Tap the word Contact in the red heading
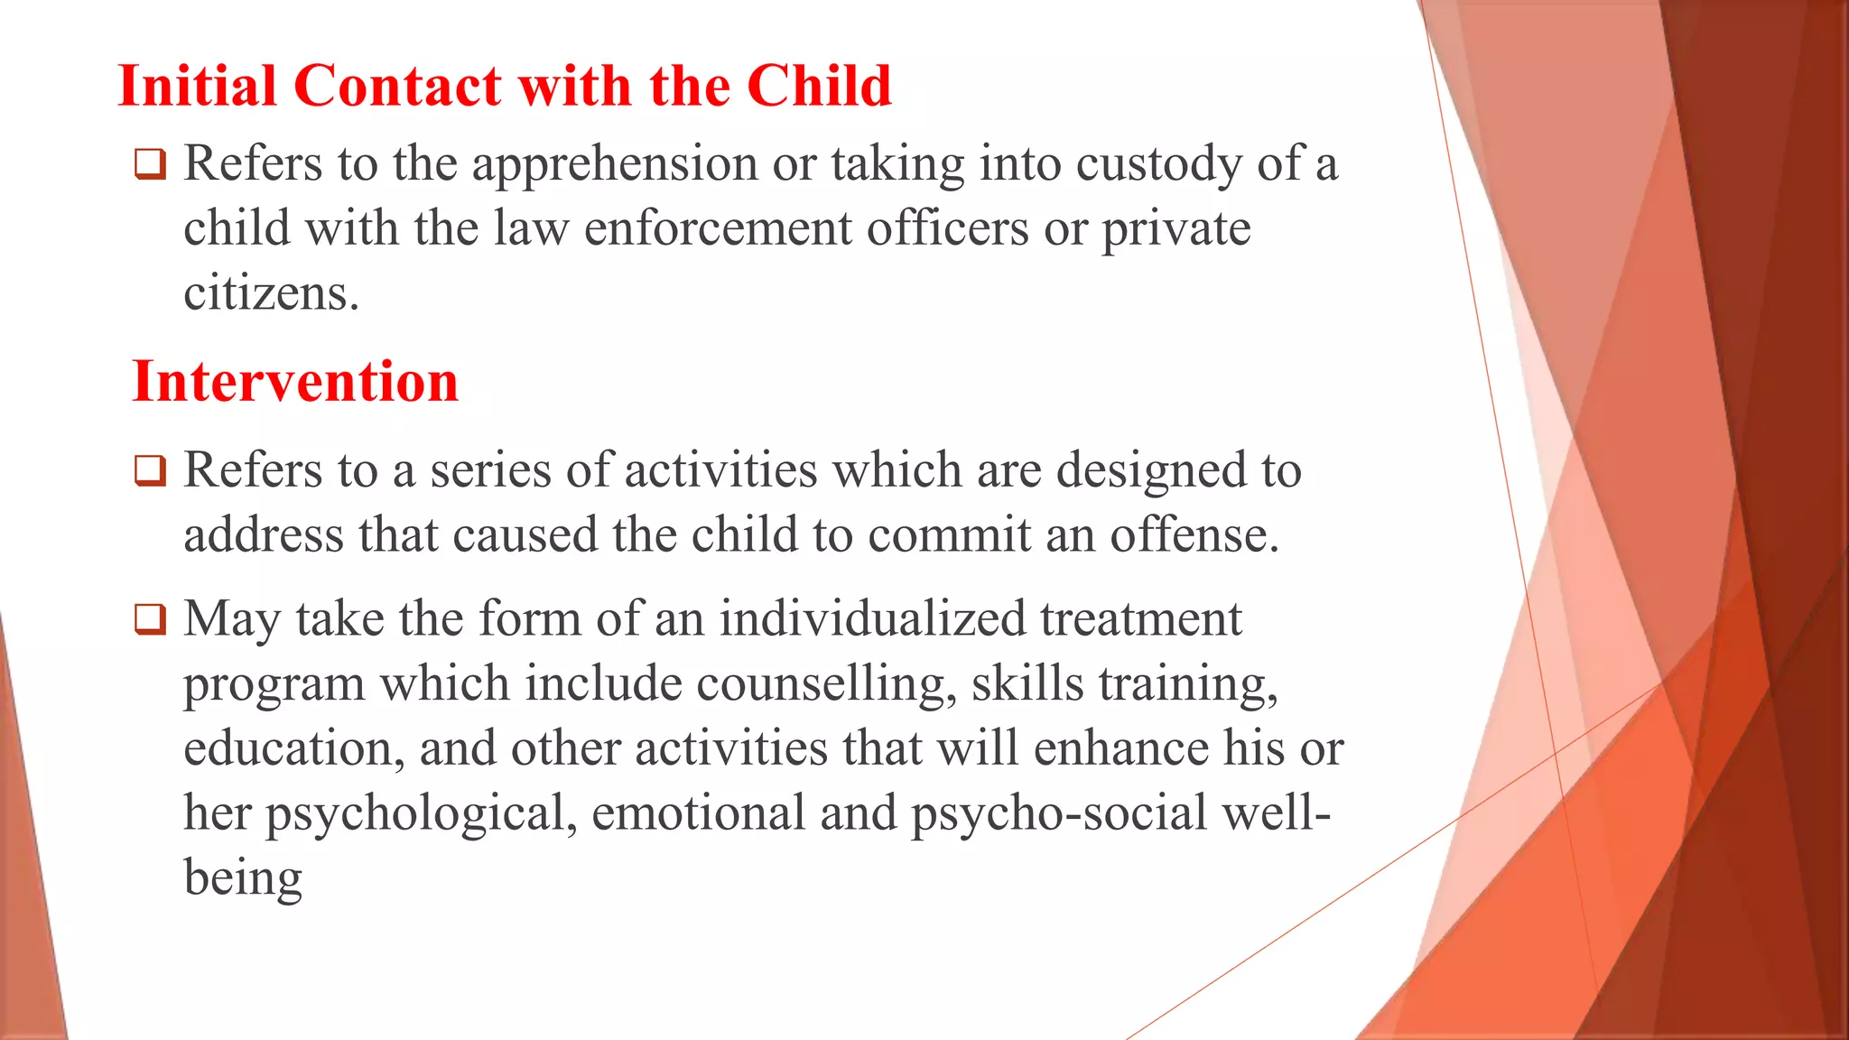[x=398, y=87]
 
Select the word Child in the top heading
[x=819, y=87]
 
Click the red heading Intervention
[x=295, y=381]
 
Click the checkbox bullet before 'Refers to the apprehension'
[x=150, y=165]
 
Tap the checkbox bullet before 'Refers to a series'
[x=150, y=471]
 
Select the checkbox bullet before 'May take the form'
[x=150, y=620]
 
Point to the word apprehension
[x=614, y=165]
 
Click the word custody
[x=1158, y=165]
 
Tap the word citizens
[x=271, y=293]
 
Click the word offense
[x=1194, y=535]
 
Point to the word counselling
[x=826, y=684]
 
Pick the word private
[x=1175, y=228]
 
